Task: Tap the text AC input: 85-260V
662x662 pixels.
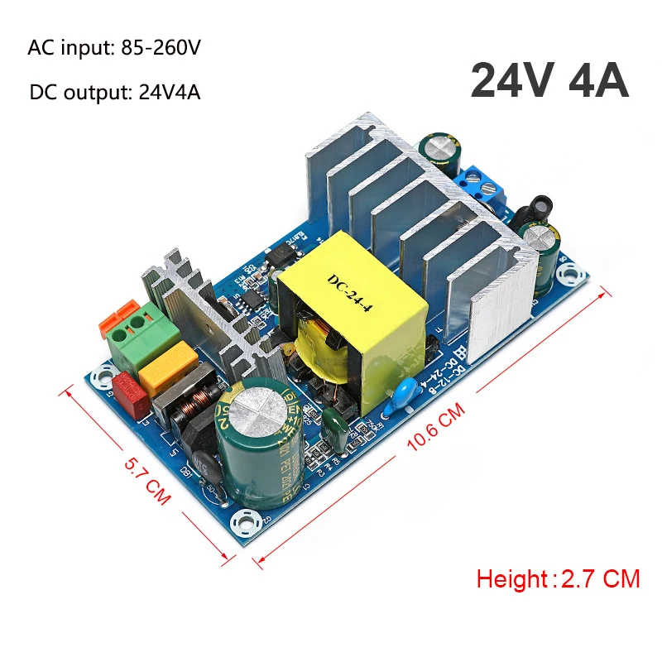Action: click(114, 47)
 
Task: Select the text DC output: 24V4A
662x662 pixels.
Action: click(114, 91)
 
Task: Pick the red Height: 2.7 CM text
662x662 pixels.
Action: click(558, 578)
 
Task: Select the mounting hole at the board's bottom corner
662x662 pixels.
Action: click(246, 523)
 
